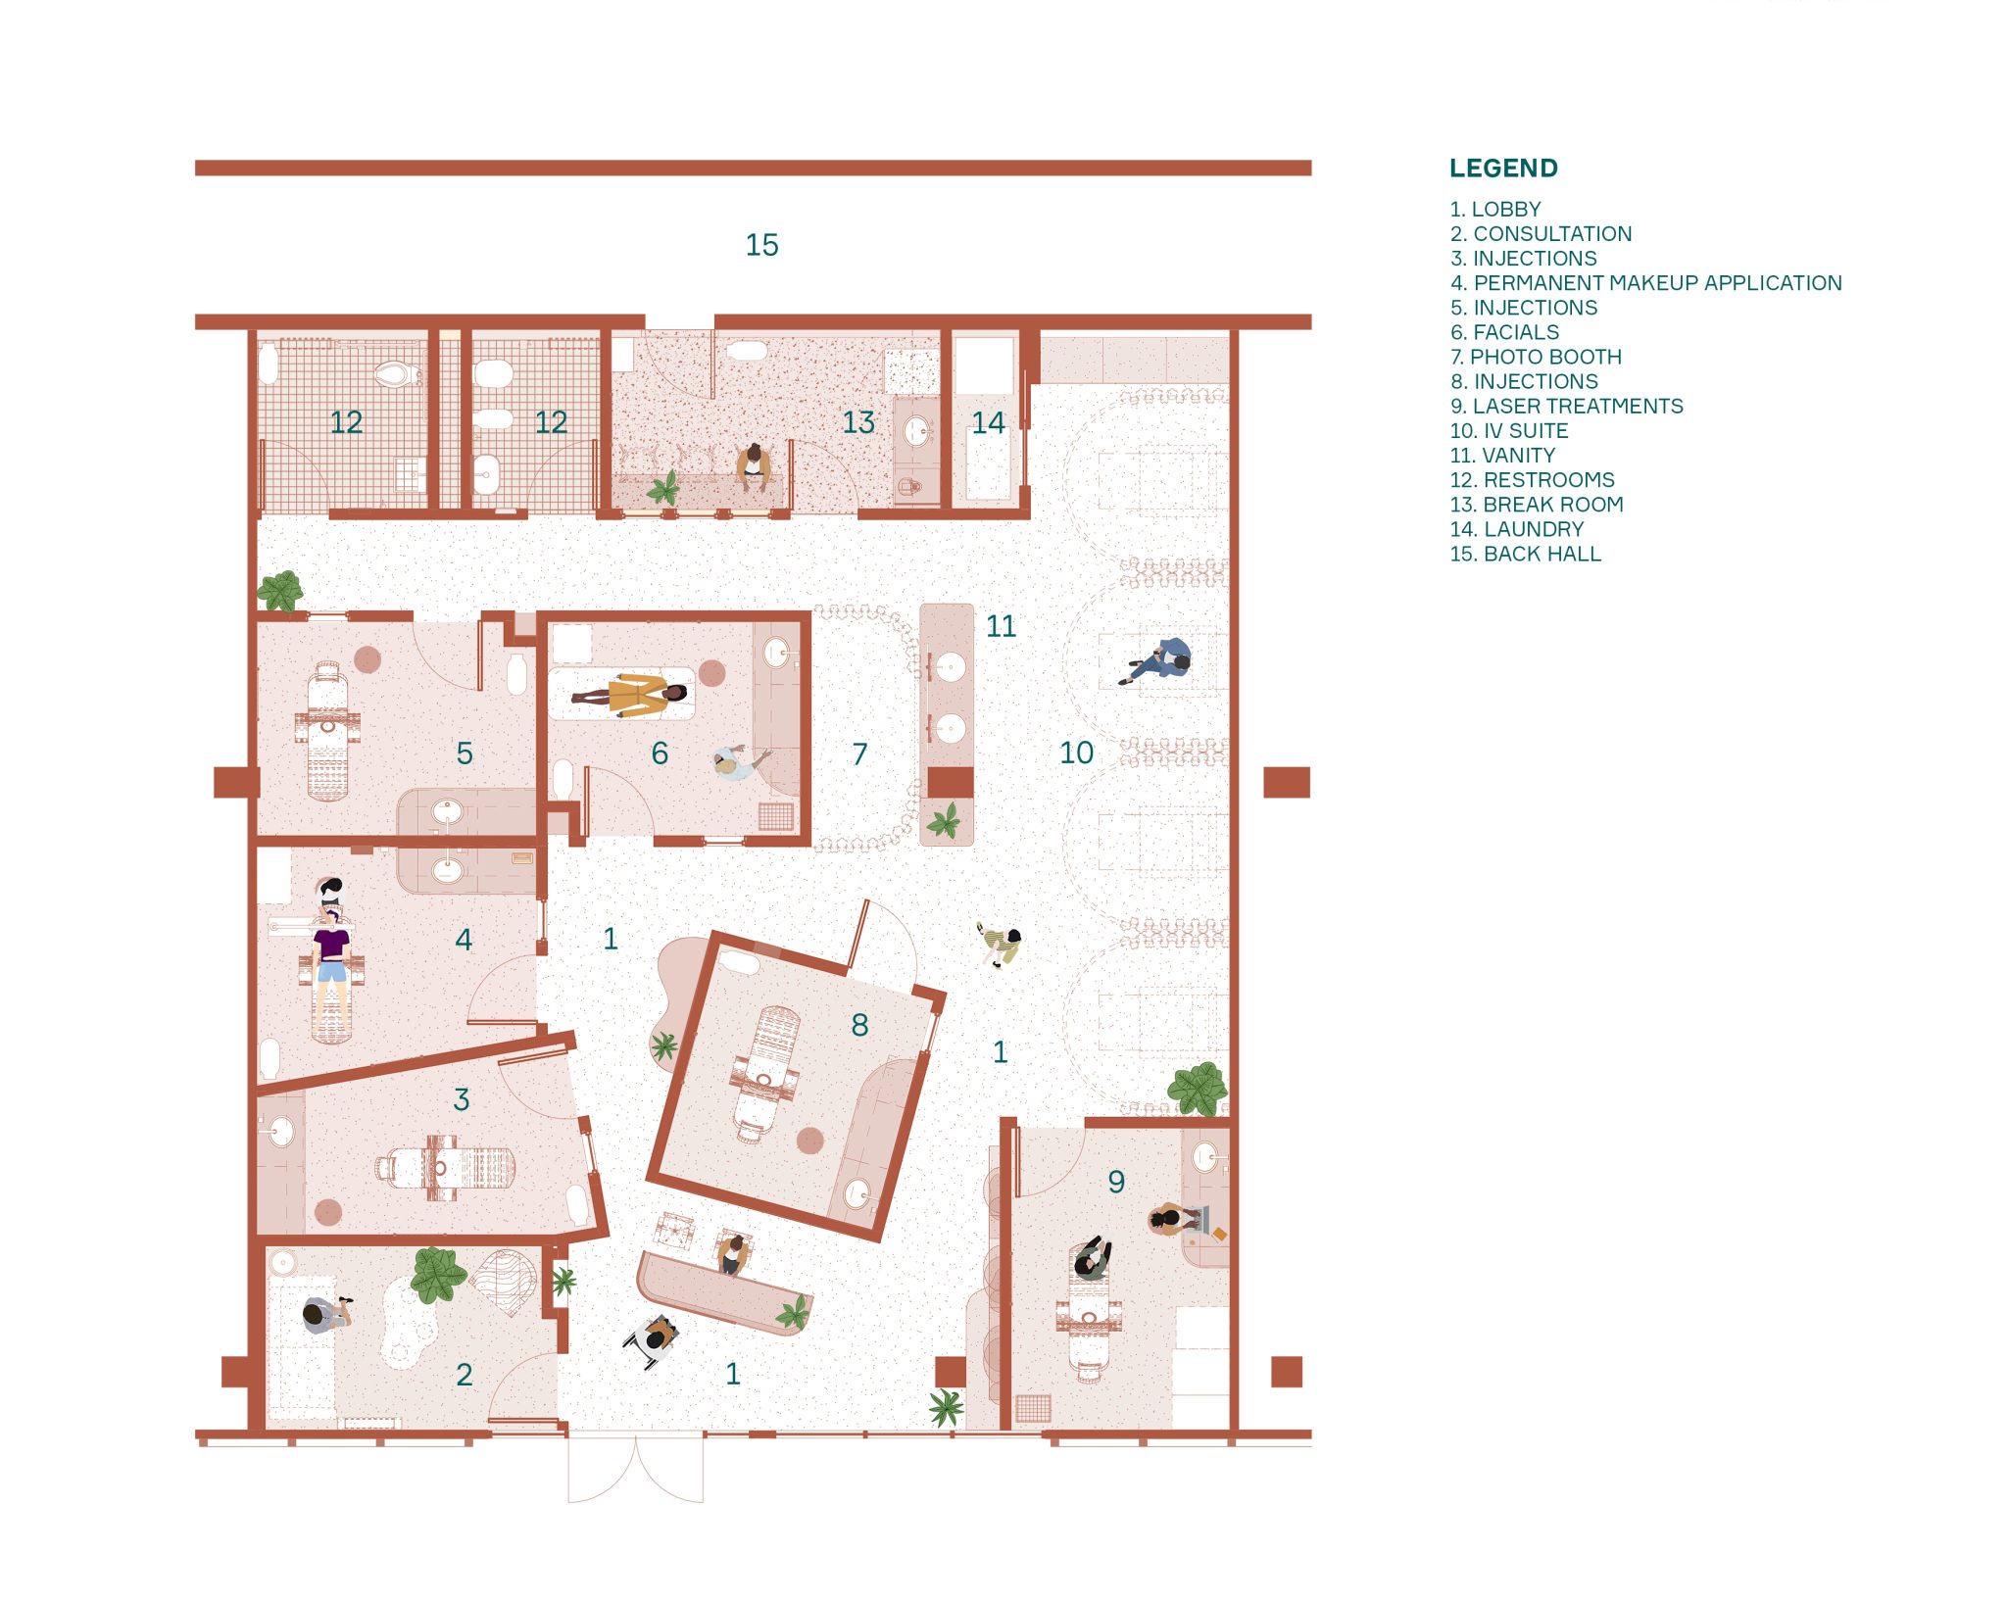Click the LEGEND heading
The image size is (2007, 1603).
coord(1503,169)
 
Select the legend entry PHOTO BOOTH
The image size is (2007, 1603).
coord(1536,357)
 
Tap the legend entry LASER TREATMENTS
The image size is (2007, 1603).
coord(1567,406)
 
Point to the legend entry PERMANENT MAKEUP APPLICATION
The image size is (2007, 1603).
coord(1646,283)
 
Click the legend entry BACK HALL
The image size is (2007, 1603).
coord(1526,554)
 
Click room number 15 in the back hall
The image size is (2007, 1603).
coord(761,245)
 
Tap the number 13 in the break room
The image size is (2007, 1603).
coord(858,422)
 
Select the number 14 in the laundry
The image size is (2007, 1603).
coord(988,422)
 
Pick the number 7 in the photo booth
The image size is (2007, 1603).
coord(859,753)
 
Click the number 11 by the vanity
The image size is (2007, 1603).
coord(1001,626)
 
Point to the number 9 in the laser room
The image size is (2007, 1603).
coord(1116,1182)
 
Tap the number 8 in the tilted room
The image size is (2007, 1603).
coord(859,1025)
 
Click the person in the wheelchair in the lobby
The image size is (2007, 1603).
coord(652,1339)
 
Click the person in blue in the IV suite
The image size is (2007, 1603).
coord(1157,660)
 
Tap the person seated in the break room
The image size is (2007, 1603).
coord(752,466)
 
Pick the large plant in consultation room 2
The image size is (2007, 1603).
coord(436,1275)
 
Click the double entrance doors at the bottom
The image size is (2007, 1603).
coord(636,1467)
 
